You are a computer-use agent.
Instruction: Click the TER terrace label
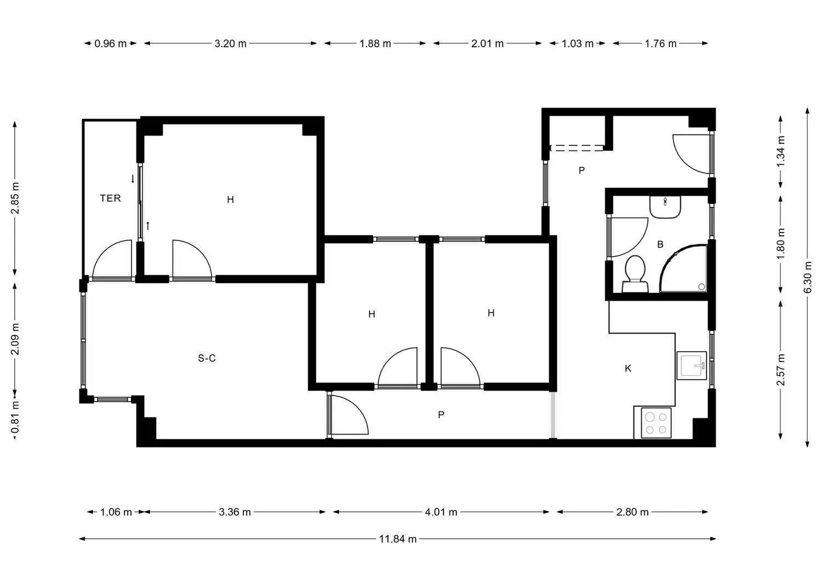click(x=110, y=199)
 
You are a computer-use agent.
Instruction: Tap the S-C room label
click(x=207, y=358)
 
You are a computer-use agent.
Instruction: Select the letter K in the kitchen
click(x=628, y=368)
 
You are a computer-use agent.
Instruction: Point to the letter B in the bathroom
click(x=660, y=244)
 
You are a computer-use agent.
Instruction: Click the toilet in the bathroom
click(x=635, y=274)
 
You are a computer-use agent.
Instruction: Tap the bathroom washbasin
click(x=665, y=207)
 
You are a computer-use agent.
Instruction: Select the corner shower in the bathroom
click(x=683, y=269)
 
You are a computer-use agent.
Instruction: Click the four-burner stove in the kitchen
click(x=656, y=422)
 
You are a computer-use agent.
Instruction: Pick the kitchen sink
click(x=692, y=365)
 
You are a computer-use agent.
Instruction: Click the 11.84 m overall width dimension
click(x=398, y=539)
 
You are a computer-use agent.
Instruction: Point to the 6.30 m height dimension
click(x=808, y=278)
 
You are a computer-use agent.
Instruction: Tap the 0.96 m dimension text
click(x=111, y=44)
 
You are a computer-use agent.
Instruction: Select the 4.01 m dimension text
click(x=441, y=512)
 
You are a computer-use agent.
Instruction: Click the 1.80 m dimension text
click(x=781, y=244)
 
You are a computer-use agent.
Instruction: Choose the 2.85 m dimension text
click(x=15, y=198)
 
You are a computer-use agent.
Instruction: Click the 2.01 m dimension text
click(x=487, y=44)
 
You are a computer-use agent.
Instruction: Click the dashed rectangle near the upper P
click(x=576, y=148)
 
